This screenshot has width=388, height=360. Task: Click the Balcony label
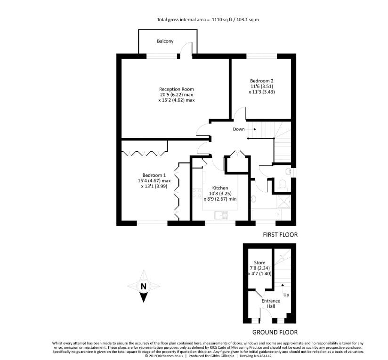pyautogui.click(x=165, y=41)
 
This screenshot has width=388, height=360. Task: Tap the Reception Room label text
pyautogui.click(x=176, y=89)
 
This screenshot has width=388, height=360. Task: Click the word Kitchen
pyautogui.click(x=220, y=187)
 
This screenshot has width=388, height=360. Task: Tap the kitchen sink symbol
pyautogui.click(x=220, y=215)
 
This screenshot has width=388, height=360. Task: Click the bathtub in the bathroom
pyautogui.click(x=267, y=215)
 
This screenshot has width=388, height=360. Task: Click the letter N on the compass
pyautogui.click(x=144, y=286)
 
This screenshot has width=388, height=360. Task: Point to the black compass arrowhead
pyautogui.click(x=144, y=297)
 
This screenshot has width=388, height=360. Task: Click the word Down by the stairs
pyautogui.click(x=239, y=129)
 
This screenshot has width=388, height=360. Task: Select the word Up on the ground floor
pyautogui.click(x=286, y=295)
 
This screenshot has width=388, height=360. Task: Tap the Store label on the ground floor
pyautogui.click(x=259, y=262)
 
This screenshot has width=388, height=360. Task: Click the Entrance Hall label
pyautogui.click(x=271, y=303)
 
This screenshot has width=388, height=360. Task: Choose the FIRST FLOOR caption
pyautogui.click(x=281, y=234)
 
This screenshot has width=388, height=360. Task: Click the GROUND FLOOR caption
pyautogui.click(x=275, y=332)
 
